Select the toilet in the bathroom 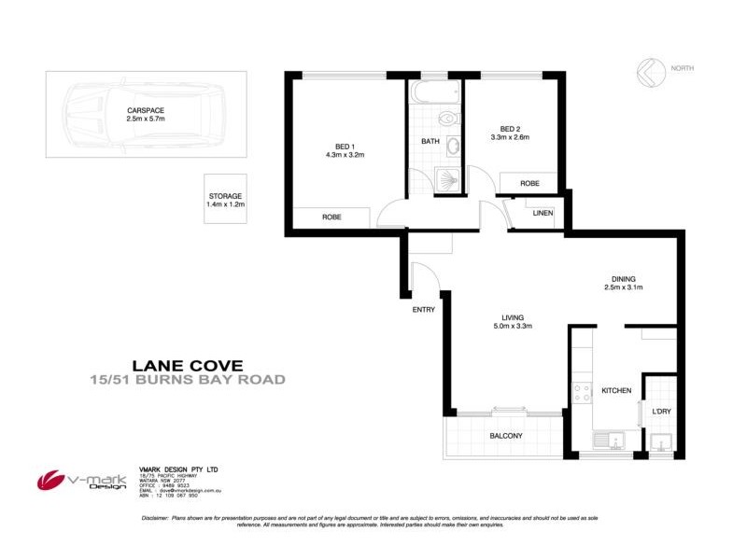click(446, 119)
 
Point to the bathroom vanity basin click(454, 147)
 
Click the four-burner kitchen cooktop click(581, 393)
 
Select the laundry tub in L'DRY click(661, 444)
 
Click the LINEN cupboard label click(543, 214)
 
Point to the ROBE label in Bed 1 click(331, 216)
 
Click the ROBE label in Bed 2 click(529, 184)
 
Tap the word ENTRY click(423, 310)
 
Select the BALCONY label click(505, 436)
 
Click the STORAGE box click(226, 199)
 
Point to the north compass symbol click(650, 71)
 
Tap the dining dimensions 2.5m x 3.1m click(624, 287)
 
